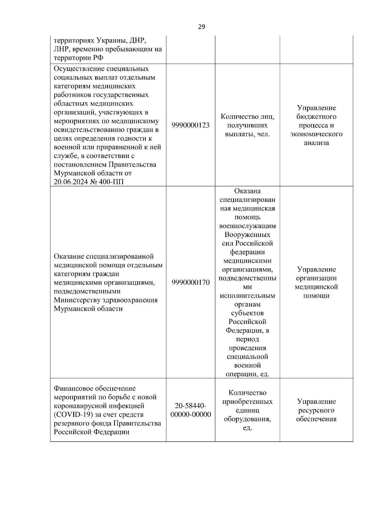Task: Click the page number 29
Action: tap(202, 27)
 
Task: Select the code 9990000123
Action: tap(191, 125)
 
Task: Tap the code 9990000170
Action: tap(191, 282)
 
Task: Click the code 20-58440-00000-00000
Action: tap(191, 410)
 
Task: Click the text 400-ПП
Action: tap(112, 182)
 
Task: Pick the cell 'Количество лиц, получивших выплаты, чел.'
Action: tap(247, 125)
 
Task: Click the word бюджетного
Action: tap(316, 117)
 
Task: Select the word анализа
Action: tap(316, 143)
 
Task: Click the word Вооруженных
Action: tap(247, 235)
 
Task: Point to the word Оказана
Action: tap(247, 191)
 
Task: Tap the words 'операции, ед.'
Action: tap(247, 374)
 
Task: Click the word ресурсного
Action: tap(316, 410)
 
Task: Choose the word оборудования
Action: tap(247, 419)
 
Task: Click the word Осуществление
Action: tap(77, 69)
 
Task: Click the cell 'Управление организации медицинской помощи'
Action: tap(316, 282)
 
